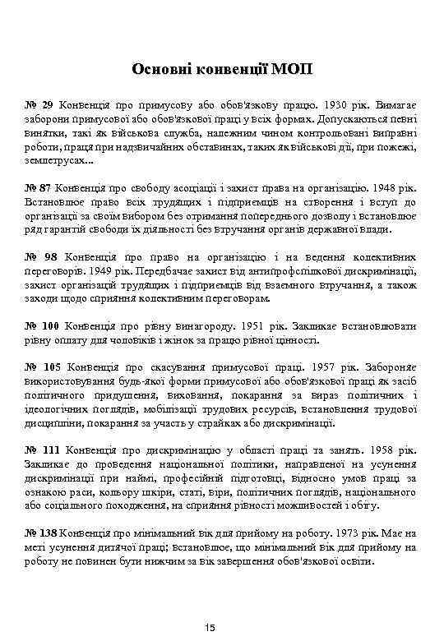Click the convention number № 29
coord(39,106)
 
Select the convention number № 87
coord(39,186)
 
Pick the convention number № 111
coord(42,451)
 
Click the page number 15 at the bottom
coord(210,628)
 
